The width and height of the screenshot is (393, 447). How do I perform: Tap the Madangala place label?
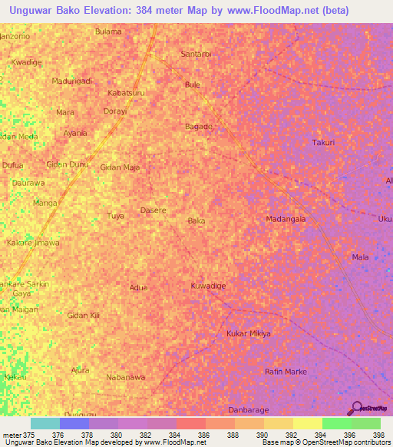click(x=286, y=219)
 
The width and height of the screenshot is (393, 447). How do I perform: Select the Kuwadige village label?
click(x=208, y=286)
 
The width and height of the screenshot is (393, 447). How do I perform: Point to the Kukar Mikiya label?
click(x=249, y=333)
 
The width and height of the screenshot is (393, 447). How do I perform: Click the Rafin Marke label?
click(x=286, y=372)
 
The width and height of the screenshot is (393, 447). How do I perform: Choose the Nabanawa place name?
click(x=125, y=377)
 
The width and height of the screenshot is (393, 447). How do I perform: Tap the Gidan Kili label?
click(x=84, y=316)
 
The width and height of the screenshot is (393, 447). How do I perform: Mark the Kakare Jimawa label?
click(x=33, y=242)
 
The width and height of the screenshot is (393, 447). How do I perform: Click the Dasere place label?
click(x=154, y=210)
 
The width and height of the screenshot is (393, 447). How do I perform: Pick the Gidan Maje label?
click(x=120, y=167)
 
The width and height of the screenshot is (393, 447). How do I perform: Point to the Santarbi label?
click(x=195, y=55)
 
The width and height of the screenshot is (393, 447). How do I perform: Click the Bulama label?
click(x=108, y=31)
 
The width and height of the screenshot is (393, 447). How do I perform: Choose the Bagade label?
click(x=199, y=126)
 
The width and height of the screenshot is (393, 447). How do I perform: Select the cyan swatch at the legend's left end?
click(x=45, y=423)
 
